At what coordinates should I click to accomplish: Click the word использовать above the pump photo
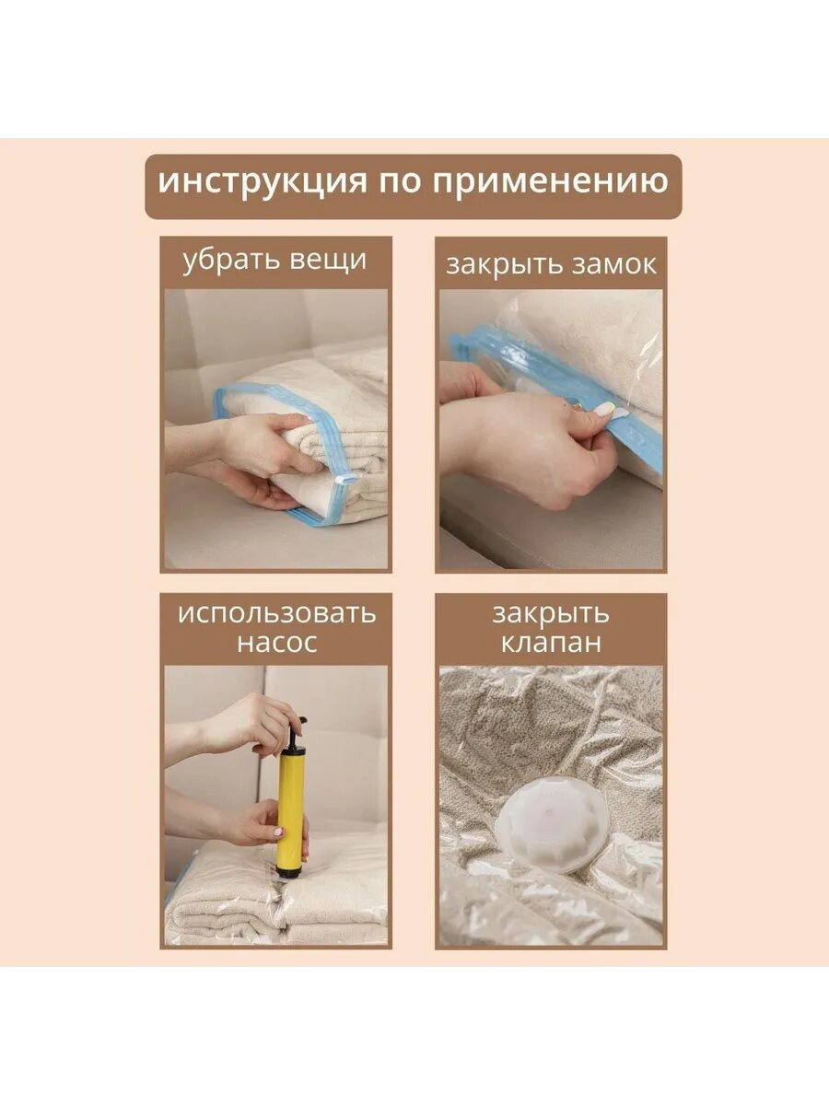(276, 613)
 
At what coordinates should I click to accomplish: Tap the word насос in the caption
(276, 643)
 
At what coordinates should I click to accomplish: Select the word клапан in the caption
(551, 643)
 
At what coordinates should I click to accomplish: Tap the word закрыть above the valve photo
(551, 613)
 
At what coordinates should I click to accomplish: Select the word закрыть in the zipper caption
(500, 265)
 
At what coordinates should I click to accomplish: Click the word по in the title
(399, 181)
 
